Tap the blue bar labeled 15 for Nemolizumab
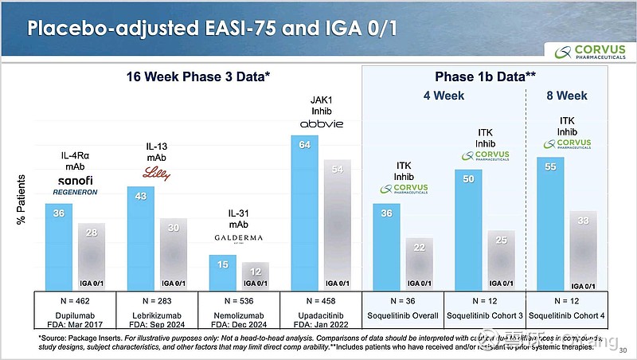pyautogui.click(x=224, y=272)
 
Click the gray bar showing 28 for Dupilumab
pyautogui.click(x=90, y=256)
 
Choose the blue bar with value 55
pyautogui.click(x=550, y=223)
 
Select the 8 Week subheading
pyautogui.click(x=567, y=96)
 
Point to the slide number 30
pyautogui.click(x=623, y=351)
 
